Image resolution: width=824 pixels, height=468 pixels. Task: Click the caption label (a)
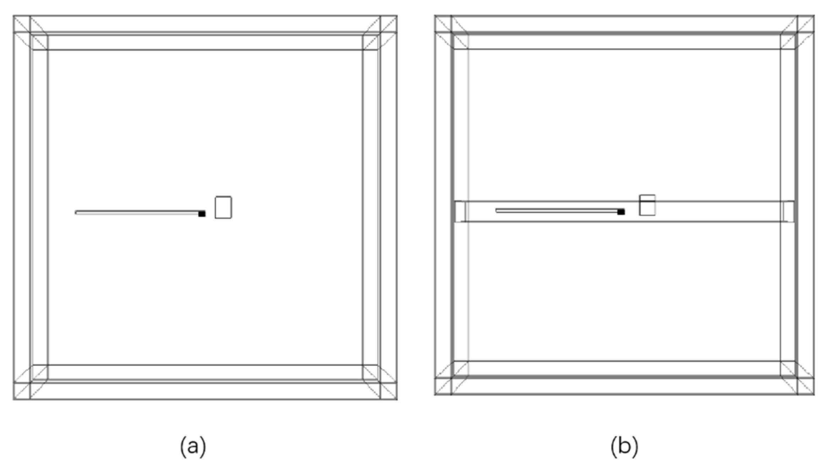coord(193,446)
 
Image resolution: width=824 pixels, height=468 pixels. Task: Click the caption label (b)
coord(624,446)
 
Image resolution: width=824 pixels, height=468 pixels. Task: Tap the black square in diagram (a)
coord(202,214)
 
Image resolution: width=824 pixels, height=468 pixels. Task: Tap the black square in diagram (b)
coord(621,212)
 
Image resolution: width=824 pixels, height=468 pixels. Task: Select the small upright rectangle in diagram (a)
coord(223,207)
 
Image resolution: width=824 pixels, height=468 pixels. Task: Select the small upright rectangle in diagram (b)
coord(647,205)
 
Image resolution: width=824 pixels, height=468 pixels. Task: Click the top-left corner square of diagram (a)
coord(22,24)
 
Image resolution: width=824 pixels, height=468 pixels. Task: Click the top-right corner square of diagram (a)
coord(388,24)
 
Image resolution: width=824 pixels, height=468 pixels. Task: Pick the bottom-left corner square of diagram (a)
coord(22,391)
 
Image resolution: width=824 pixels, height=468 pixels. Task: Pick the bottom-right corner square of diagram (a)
coord(388,391)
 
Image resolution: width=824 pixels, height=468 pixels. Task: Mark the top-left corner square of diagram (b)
coord(443,24)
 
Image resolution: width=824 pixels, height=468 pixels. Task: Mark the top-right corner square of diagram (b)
coord(806,24)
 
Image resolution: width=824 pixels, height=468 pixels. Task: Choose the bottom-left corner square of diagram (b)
coord(443,386)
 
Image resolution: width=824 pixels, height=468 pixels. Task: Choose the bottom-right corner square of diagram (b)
coord(806,386)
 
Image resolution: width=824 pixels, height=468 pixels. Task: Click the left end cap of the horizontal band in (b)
coord(460,211)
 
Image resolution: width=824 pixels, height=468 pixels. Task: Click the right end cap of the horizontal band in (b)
coord(788,211)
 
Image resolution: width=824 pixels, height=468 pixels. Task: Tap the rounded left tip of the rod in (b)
coord(497,211)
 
